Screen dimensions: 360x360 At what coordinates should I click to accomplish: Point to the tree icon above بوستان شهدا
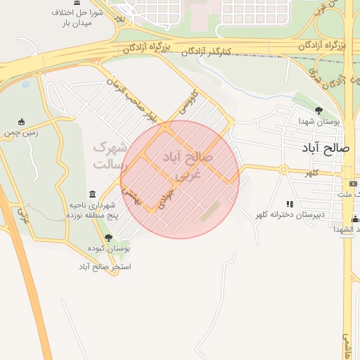coord(319,110)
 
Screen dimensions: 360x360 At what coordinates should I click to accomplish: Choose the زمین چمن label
coord(21,131)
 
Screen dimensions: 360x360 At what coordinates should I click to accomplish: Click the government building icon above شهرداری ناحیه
coord(93,194)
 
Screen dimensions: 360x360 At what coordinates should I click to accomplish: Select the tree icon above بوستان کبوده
coord(108,238)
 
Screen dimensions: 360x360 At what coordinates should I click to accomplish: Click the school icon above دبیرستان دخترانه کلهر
coord(289,204)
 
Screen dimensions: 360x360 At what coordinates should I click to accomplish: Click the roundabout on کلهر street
coord(283,169)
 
